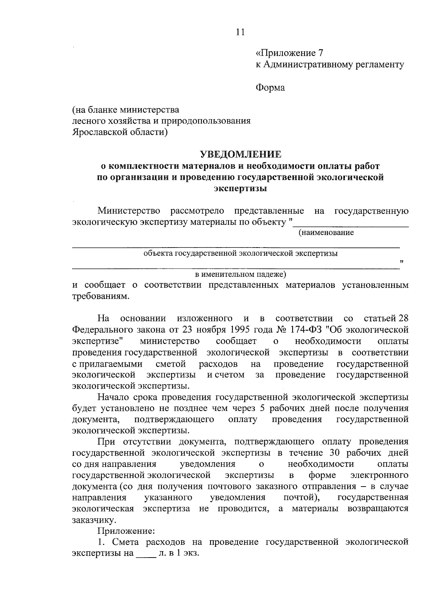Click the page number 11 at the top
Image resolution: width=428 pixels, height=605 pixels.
coord(240,32)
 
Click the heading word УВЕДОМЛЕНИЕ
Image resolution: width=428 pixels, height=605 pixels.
coord(240,154)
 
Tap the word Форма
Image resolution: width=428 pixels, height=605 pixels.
coord(270,87)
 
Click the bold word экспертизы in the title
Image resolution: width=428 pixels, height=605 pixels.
coord(240,188)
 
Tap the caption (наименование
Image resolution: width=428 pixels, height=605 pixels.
coord(326,233)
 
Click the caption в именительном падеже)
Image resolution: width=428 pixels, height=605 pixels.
coord(240,274)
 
